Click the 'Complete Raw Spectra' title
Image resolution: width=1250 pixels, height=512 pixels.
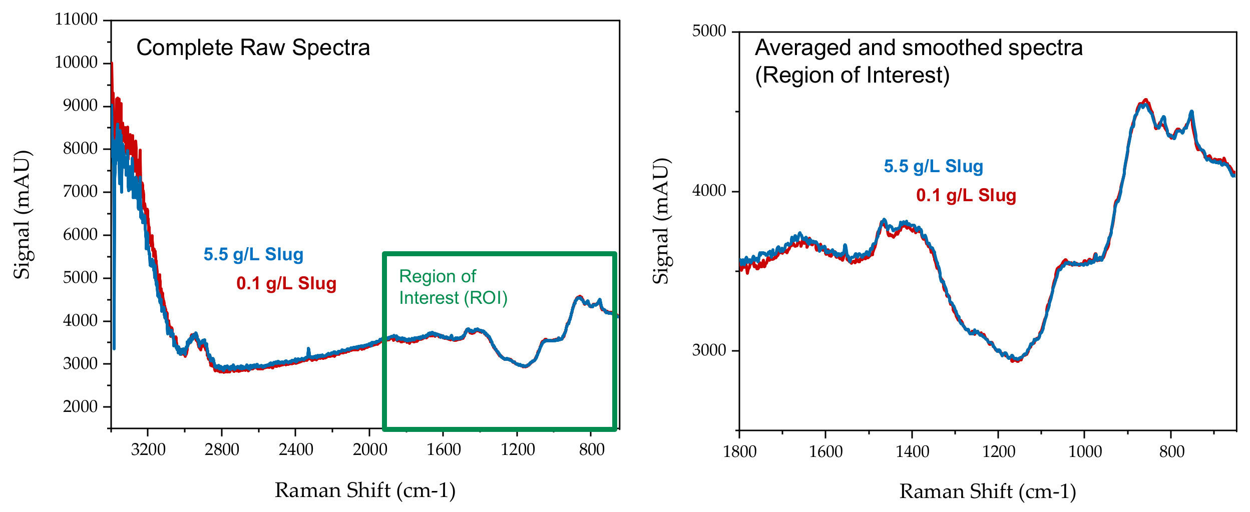(253, 48)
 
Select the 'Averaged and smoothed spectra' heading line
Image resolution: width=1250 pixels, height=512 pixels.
(919, 48)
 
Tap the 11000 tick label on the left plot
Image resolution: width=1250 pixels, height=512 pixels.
(76, 20)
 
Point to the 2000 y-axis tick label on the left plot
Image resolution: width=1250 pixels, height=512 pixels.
(80, 406)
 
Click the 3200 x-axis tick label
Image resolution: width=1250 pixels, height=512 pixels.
(148, 449)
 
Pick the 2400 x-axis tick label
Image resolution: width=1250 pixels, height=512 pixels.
(296, 449)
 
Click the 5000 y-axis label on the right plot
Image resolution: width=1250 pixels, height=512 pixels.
(709, 31)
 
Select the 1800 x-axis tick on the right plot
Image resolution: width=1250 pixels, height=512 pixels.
(739, 451)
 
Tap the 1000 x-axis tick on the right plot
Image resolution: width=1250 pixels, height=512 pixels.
(1085, 451)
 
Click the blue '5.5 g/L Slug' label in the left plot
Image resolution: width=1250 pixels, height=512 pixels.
(253, 254)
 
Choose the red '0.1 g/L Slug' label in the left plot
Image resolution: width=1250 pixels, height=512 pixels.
(286, 283)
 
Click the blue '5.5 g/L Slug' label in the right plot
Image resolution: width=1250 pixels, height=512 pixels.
(933, 166)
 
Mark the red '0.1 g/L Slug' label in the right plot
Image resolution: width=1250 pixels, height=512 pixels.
(966, 195)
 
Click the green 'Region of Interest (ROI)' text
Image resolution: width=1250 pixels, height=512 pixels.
(453, 287)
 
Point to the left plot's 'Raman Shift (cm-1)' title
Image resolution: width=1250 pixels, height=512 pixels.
(365, 490)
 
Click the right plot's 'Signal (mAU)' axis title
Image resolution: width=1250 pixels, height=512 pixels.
(661, 221)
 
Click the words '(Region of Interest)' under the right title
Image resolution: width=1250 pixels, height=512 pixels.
(852, 76)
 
